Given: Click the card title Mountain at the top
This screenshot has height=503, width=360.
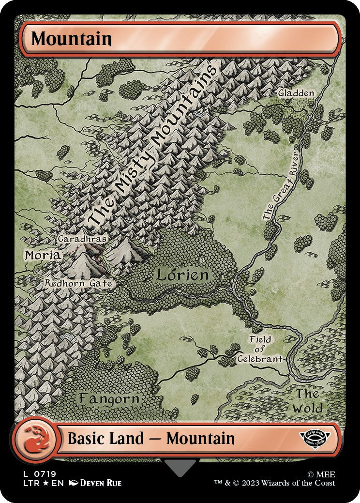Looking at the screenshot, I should coord(72,39).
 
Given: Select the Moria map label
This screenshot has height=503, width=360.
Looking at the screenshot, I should coord(43,255).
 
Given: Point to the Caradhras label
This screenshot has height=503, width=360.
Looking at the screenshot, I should coord(82,239).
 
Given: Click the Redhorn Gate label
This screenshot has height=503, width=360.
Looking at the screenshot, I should coord(78,283).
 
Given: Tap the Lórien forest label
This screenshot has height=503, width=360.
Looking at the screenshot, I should coord(182,275).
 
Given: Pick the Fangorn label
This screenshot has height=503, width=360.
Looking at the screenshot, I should coord(109,399).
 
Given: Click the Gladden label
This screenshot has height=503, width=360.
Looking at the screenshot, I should coord(296,92).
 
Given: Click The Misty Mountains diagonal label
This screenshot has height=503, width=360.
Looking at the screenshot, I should coord(152,145).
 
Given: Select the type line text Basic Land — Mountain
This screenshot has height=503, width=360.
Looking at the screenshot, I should coord(151,439).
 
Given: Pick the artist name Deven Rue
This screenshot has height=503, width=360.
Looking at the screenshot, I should coord(100,483).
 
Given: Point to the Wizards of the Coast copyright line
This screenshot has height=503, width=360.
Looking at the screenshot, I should coord(275,483).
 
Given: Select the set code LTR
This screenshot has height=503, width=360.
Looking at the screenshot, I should coord(25,483).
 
